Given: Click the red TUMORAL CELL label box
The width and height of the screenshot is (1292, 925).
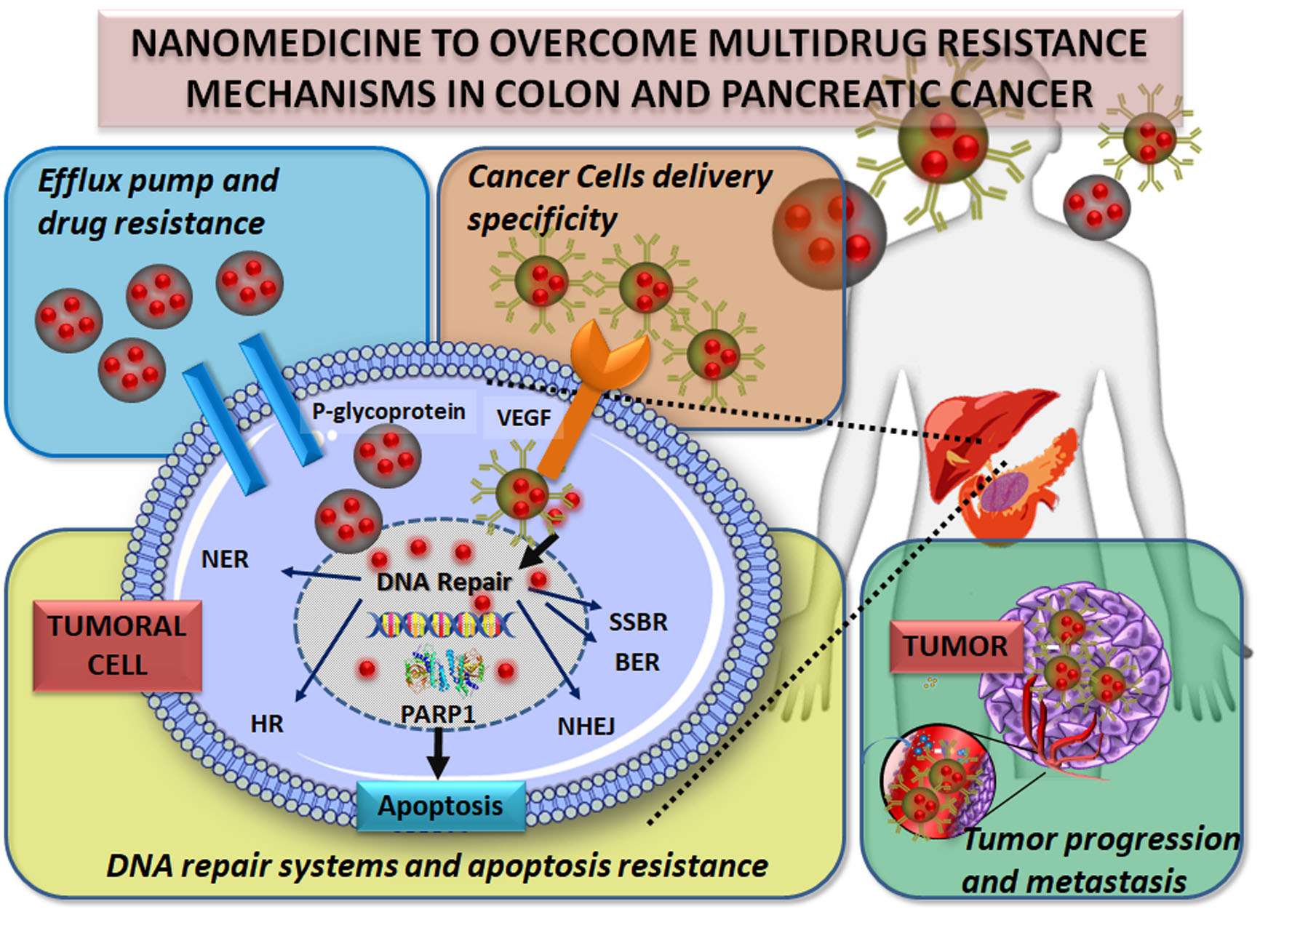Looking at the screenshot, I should tap(117, 646).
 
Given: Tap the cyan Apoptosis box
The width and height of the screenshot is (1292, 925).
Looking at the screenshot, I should tap(441, 806).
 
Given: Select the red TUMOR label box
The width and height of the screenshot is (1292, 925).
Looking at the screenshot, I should tap(955, 646).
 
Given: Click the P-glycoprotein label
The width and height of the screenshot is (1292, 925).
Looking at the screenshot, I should tap(388, 412).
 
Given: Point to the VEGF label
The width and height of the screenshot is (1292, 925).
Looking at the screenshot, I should tap(523, 418).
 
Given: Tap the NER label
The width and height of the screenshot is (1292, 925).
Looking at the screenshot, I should tap(225, 559).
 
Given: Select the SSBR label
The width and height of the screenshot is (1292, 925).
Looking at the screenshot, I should tap(638, 622).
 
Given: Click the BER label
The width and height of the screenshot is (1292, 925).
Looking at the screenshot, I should tap(637, 662).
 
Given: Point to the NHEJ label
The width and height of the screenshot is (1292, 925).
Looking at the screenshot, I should tap(586, 726).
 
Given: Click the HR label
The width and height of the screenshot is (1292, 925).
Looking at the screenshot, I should tap(266, 724).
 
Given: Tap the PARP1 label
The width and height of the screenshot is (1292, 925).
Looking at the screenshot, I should tap(438, 713).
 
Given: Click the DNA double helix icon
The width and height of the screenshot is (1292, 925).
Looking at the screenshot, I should tap(442, 624).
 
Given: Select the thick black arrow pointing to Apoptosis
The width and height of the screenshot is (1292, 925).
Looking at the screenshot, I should tap(437, 753).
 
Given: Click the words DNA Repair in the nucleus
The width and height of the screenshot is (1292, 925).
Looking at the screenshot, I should tap(444, 582).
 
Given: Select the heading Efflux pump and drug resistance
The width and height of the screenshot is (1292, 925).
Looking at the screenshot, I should tap(157, 201).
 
